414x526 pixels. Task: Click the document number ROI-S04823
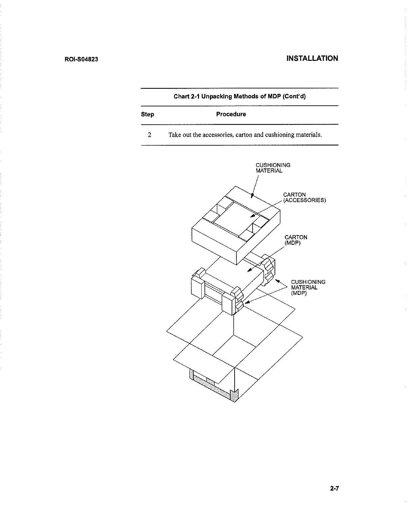[x=81, y=60]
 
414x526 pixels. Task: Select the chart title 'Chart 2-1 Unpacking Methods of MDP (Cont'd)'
[x=240, y=97]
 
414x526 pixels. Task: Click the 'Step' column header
[x=147, y=114]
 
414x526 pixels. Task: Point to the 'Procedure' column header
[x=231, y=114]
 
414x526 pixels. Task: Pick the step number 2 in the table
[x=150, y=135]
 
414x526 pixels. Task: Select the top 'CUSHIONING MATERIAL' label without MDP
[x=273, y=168]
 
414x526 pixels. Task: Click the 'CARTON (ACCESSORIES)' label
[x=304, y=197]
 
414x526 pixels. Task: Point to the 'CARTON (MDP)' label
[x=296, y=240]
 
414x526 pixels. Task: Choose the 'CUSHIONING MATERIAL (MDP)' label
[x=308, y=288]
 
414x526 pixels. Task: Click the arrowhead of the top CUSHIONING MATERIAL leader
[x=252, y=197]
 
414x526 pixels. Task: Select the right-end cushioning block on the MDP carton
[x=268, y=269]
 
